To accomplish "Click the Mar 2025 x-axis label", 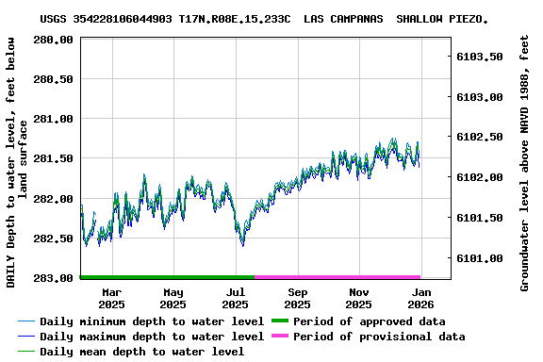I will point(111,298).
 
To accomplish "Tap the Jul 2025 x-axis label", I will point(236,298).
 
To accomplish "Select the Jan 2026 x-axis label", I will point(420,298).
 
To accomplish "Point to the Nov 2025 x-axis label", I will point(358,298).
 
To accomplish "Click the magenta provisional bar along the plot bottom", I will point(337,277).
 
